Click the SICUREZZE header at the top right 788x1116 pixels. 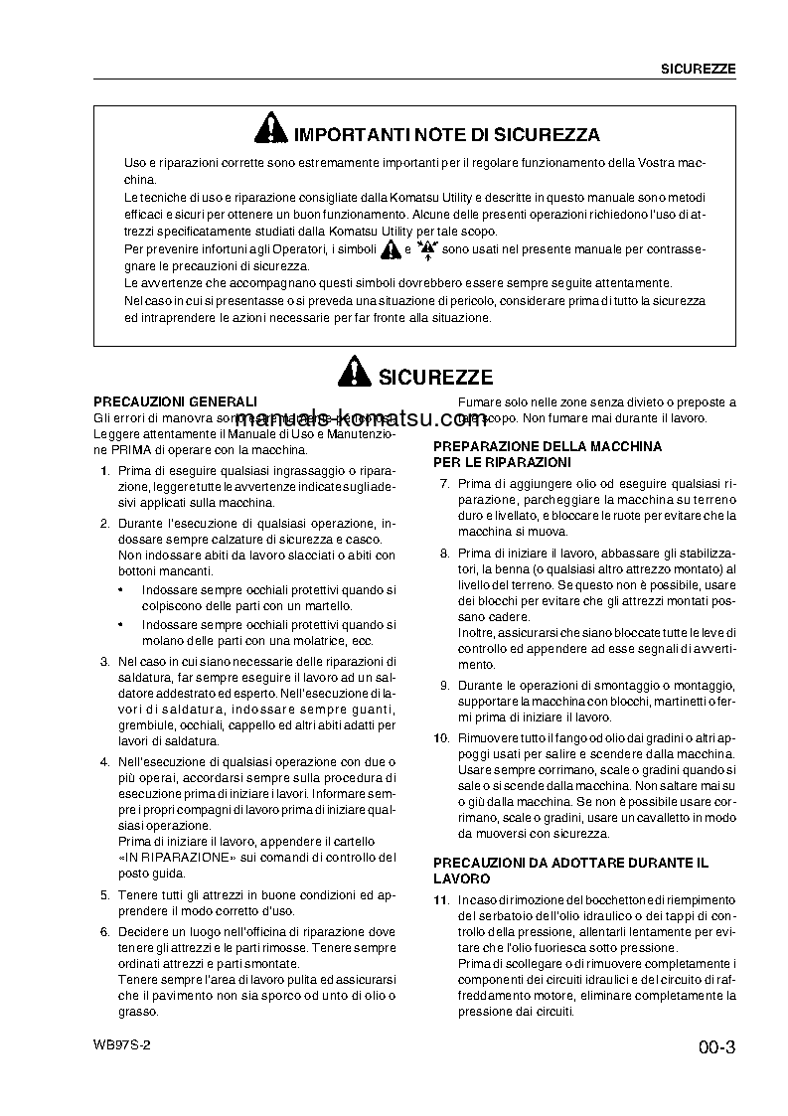point(699,69)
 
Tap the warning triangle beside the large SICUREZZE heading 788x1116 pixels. point(353,375)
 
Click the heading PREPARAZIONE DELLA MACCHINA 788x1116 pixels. point(548,447)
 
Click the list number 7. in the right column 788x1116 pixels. point(444,483)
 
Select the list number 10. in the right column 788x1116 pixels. point(442,737)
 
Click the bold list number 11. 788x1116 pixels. point(442,899)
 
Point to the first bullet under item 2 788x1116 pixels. point(121,589)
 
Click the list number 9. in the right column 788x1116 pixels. point(444,686)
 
